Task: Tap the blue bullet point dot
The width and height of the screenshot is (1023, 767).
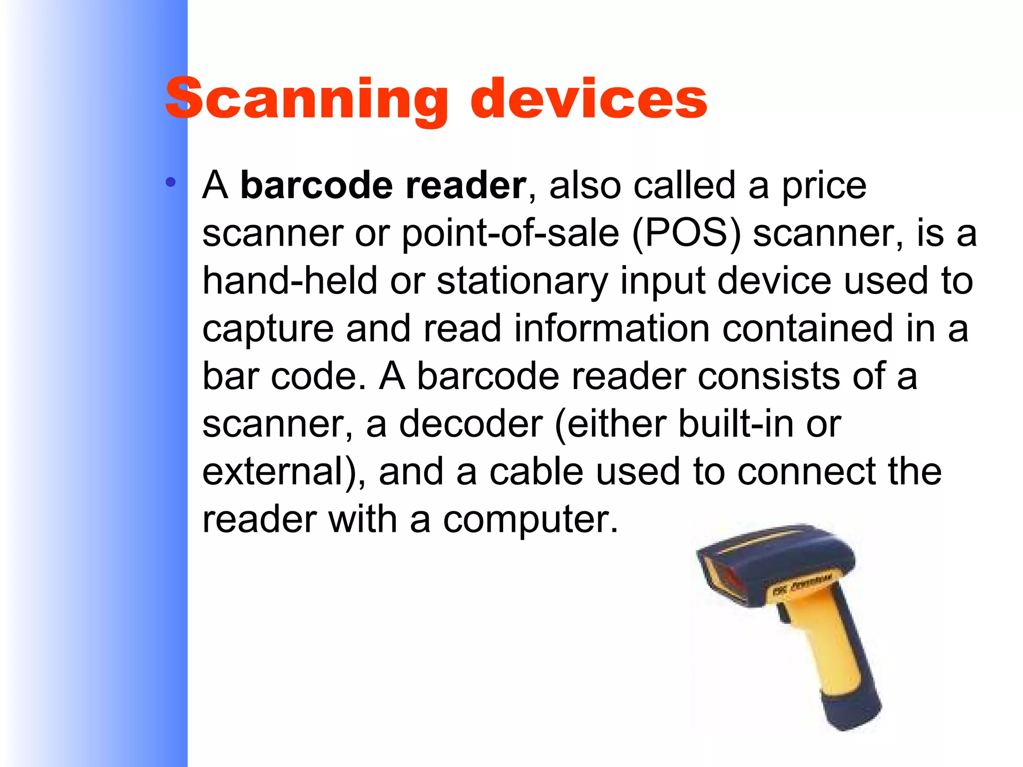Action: click(171, 182)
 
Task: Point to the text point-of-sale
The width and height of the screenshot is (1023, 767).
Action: click(510, 233)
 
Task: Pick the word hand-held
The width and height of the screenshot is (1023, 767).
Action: click(290, 281)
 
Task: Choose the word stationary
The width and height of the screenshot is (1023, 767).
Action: click(522, 282)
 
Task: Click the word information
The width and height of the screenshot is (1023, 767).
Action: click(611, 329)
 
